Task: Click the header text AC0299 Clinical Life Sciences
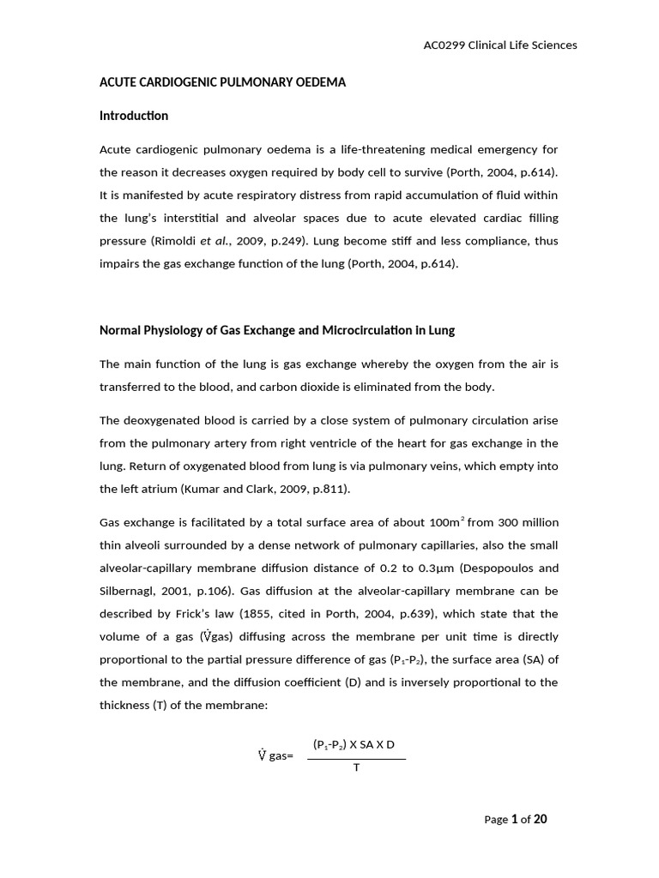(500, 45)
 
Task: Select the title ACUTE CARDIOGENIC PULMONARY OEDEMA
(222, 82)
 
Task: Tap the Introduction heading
(134, 116)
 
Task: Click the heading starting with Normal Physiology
(277, 330)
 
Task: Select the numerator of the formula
(354, 745)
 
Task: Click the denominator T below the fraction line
(356, 767)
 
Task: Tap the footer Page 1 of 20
(515, 820)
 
